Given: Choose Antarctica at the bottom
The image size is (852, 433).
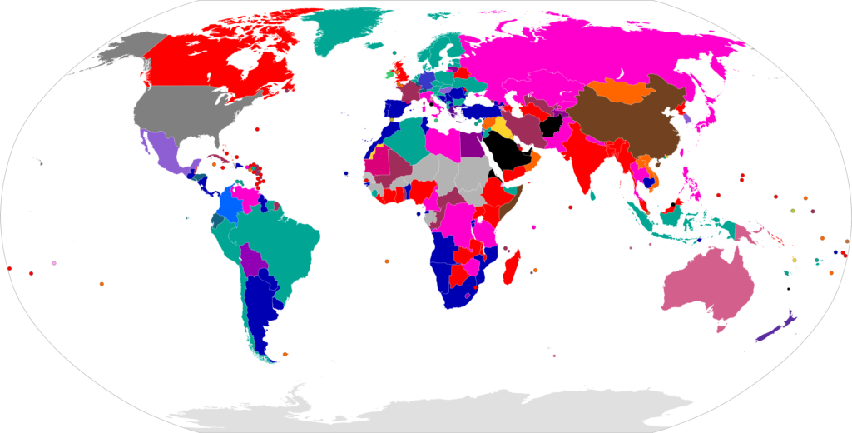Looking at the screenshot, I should [x=433, y=412].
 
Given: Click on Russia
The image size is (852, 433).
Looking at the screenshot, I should [x=582, y=50].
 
